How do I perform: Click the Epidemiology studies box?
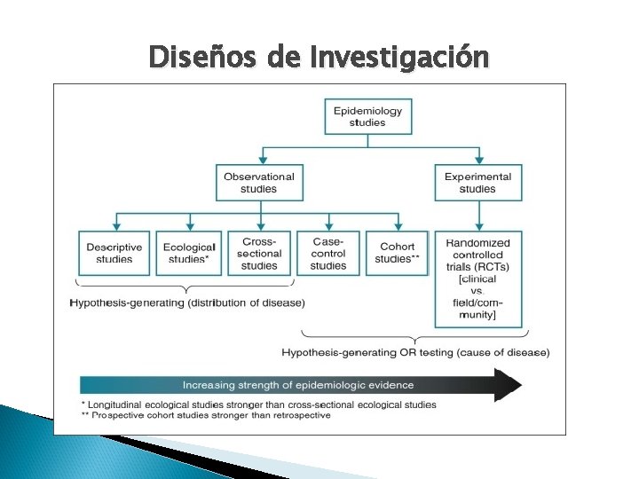367,116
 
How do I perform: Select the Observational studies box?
258,183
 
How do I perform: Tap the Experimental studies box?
477,183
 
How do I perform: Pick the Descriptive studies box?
115,253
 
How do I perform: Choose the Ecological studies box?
188,253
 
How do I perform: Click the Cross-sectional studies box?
259,253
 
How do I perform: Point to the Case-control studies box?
328,253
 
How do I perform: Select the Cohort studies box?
396,253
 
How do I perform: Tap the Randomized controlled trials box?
477,255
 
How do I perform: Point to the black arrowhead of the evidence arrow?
508,385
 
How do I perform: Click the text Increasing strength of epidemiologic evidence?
298,385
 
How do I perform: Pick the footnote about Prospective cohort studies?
204,415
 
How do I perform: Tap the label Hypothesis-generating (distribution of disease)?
187,302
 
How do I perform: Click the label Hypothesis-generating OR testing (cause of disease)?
415,352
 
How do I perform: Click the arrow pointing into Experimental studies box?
478,157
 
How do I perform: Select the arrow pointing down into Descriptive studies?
116,223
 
